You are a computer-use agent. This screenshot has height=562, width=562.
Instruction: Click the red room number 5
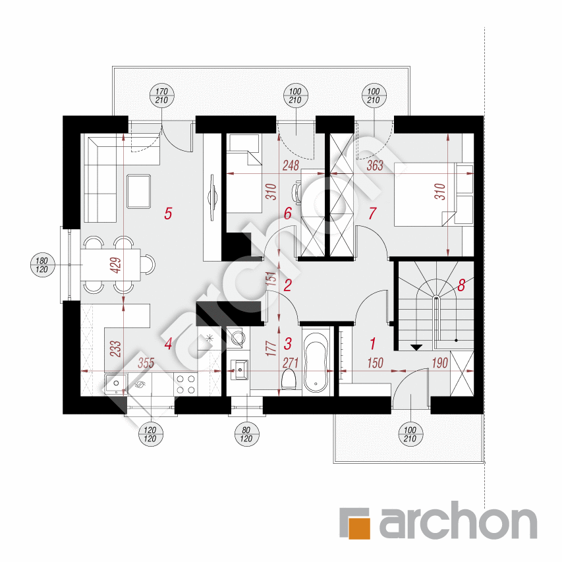point(168,213)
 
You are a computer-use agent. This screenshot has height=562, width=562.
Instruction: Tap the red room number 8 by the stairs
point(461,285)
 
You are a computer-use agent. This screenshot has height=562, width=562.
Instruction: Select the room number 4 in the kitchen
point(169,344)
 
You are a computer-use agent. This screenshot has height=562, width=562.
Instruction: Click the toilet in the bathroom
point(288,379)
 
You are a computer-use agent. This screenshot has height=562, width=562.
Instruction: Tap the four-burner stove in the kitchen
point(186,384)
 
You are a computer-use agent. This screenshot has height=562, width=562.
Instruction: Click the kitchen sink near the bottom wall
point(115,385)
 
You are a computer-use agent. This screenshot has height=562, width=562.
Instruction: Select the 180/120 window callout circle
point(42,265)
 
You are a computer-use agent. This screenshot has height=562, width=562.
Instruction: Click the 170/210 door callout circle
point(161,96)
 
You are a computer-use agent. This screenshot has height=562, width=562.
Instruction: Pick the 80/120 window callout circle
point(246,434)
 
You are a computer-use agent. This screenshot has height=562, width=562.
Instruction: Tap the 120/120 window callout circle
point(150,434)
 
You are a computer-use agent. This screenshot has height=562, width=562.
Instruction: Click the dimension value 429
point(117,266)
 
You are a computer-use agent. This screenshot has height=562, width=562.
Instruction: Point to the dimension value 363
point(375,165)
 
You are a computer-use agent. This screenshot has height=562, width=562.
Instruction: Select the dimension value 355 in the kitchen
point(146,363)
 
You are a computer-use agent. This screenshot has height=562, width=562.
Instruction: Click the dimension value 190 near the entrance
point(439,363)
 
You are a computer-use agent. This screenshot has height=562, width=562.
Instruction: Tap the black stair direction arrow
point(416,347)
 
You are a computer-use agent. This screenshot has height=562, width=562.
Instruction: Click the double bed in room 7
point(425,194)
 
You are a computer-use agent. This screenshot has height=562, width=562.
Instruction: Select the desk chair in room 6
point(296,191)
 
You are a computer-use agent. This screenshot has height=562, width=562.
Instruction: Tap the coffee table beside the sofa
point(138,191)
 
